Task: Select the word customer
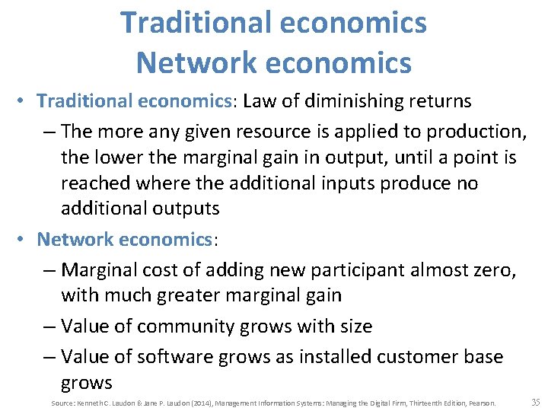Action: (x=411, y=356)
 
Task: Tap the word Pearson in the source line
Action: (x=483, y=403)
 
